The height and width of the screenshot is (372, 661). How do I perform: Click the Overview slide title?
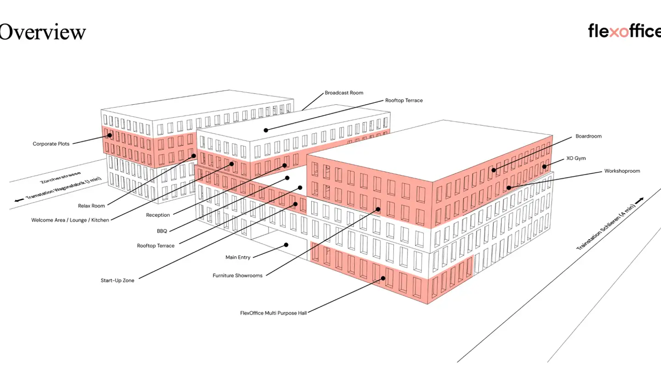click(x=42, y=32)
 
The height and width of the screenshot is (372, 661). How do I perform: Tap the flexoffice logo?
click(x=624, y=31)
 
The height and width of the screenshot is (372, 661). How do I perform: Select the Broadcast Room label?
click(x=344, y=93)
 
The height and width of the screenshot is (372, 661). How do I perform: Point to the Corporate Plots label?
click(x=51, y=144)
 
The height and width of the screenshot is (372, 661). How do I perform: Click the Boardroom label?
click(x=588, y=136)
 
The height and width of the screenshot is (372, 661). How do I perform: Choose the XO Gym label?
click(x=576, y=158)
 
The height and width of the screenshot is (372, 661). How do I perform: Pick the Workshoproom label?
click(x=622, y=171)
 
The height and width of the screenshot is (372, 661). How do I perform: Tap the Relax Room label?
click(x=91, y=206)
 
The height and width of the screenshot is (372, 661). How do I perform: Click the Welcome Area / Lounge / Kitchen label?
click(x=70, y=220)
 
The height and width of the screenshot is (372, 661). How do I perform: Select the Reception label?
click(x=158, y=215)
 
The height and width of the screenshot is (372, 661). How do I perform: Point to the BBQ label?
click(x=162, y=231)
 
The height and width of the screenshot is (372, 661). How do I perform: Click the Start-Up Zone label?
click(x=118, y=281)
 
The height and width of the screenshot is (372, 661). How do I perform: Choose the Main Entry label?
click(x=238, y=257)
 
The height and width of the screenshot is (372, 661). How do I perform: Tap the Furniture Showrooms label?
click(x=237, y=276)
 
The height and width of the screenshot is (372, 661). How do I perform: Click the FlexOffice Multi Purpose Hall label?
click(x=273, y=313)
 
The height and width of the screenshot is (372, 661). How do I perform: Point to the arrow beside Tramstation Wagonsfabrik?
click(x=19, y=200)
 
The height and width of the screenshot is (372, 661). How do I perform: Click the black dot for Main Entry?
click(x=286, y=245)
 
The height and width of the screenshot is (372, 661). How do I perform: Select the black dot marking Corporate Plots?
click(x=110, y=135)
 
